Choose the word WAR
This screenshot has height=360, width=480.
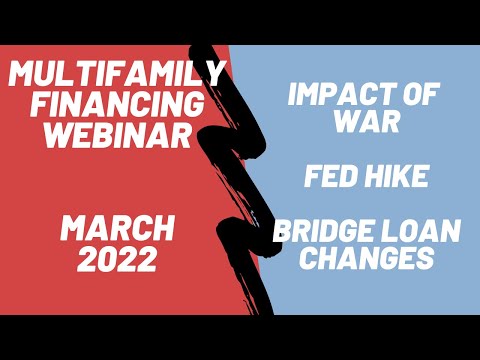[x=365, y=123]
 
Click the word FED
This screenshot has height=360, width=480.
[x=331, y=177]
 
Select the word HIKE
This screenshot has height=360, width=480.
[x=396, y=177]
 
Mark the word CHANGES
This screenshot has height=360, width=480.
[x=365, y=258]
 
